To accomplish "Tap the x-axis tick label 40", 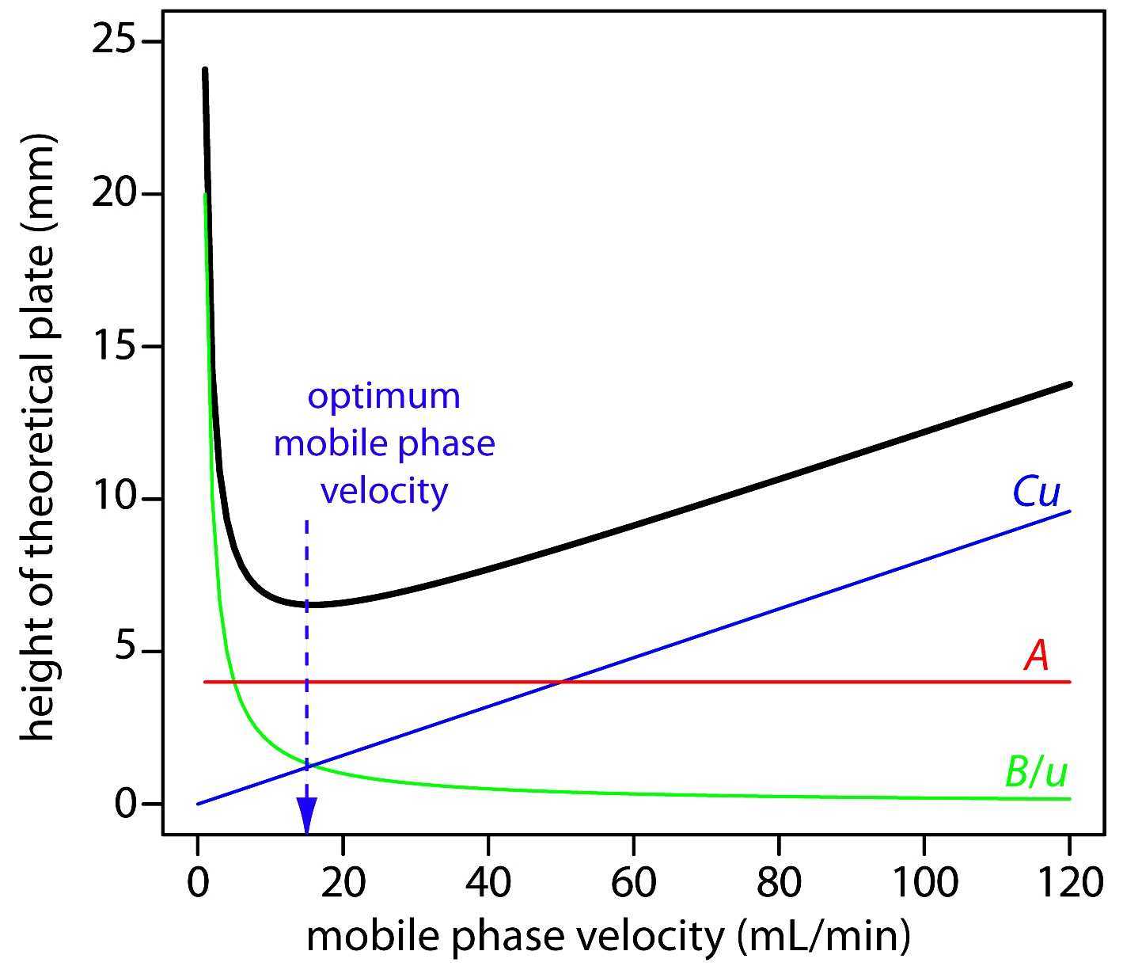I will (488, 881).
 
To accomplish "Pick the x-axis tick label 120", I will (1068, 881).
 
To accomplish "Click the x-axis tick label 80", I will (779, 881).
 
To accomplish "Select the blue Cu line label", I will (1036, 493).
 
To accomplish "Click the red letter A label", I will (1037, 656).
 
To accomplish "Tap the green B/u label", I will (1036, 771).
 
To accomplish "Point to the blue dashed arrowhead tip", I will (306, 831).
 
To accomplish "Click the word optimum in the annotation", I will (384, 395).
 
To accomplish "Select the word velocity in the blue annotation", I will (384, 491).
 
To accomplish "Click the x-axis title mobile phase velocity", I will (515, 937).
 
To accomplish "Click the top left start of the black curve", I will (205, 70).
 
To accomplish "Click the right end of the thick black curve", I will (1070, 383).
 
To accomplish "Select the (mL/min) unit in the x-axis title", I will (823, 937).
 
